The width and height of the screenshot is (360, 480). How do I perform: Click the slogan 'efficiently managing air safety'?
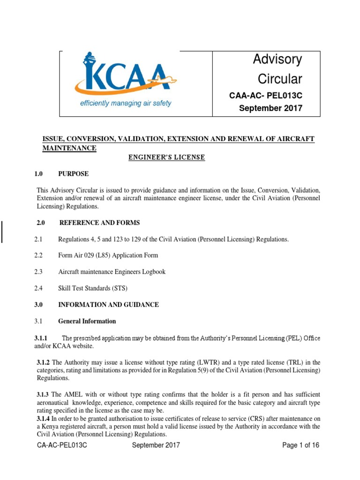click(x=125, y=103)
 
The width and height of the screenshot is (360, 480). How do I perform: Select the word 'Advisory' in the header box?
click(x=277, y=59)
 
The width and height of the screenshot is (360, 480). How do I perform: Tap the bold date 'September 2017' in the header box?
click(x=271, y=108)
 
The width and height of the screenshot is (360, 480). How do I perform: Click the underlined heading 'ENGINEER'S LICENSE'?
click(x=166, y=157)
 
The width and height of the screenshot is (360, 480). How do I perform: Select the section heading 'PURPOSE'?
click(x=73, y=174)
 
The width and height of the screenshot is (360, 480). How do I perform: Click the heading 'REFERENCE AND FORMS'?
click(x=99, y=223)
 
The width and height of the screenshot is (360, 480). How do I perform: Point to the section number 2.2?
click(x=38, y=255)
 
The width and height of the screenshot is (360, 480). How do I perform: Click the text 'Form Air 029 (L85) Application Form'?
click(x=108, y=255)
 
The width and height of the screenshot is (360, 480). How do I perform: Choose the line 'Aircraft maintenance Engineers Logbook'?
click(x=112, y=272)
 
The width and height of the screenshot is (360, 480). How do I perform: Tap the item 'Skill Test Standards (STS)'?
click(x=93, y=288)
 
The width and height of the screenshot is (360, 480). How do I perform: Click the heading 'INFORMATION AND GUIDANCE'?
click(x=108, y=305)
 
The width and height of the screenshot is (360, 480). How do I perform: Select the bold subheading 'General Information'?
click(x=87, y=321)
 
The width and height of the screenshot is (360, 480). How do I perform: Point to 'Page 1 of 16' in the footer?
click(x=300, y=445)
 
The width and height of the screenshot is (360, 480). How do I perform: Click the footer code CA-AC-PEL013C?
click(x=62, y=445)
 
